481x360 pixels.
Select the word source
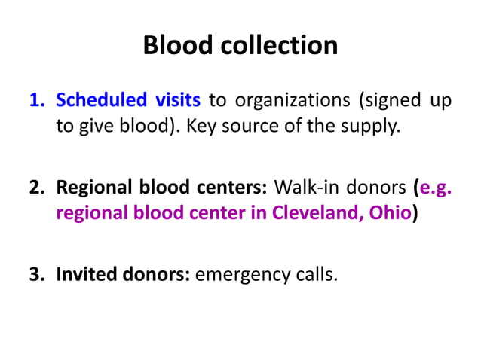[x=257, y=126]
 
